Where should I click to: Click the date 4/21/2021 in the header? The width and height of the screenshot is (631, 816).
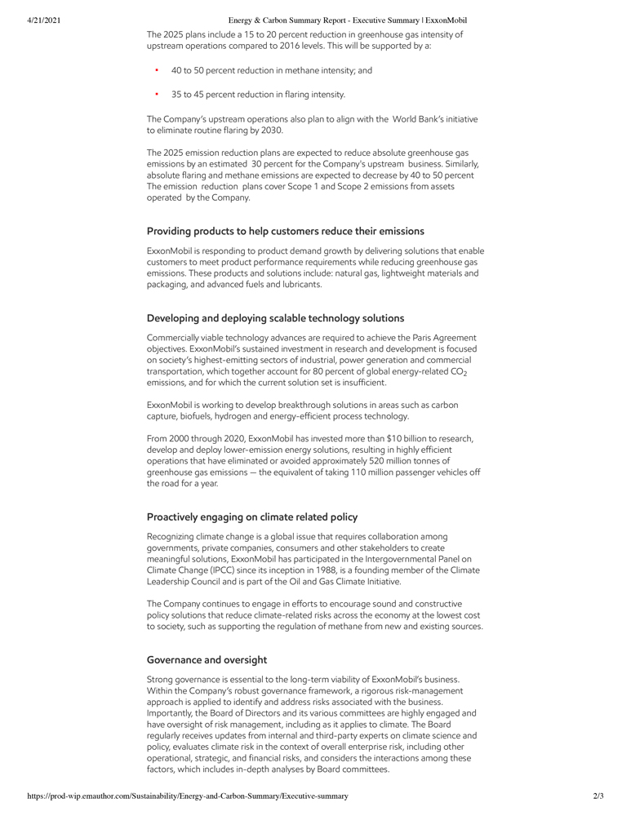(38, 20)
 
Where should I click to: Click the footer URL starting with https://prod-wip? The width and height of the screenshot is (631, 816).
(188, 796)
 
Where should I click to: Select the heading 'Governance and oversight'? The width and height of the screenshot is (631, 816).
(207, 659)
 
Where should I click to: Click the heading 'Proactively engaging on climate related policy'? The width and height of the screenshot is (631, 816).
(252, 517)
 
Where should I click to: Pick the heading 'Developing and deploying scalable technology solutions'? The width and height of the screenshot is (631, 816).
(275, 317)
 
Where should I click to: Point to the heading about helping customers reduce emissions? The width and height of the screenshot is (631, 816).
(285, 231)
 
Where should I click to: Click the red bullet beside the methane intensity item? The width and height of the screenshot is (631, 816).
(156, 70)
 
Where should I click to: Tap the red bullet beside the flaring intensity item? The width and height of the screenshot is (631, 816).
(156, 94)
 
